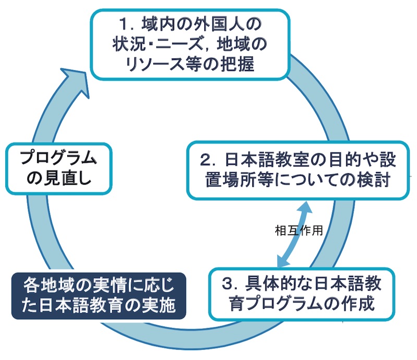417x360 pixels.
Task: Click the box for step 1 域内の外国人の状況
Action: pos(190,44)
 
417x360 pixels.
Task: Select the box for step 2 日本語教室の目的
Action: pos(298,170)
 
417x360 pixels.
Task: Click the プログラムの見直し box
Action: pos(58,168)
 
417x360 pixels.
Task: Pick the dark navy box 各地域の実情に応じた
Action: pos(99,295)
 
